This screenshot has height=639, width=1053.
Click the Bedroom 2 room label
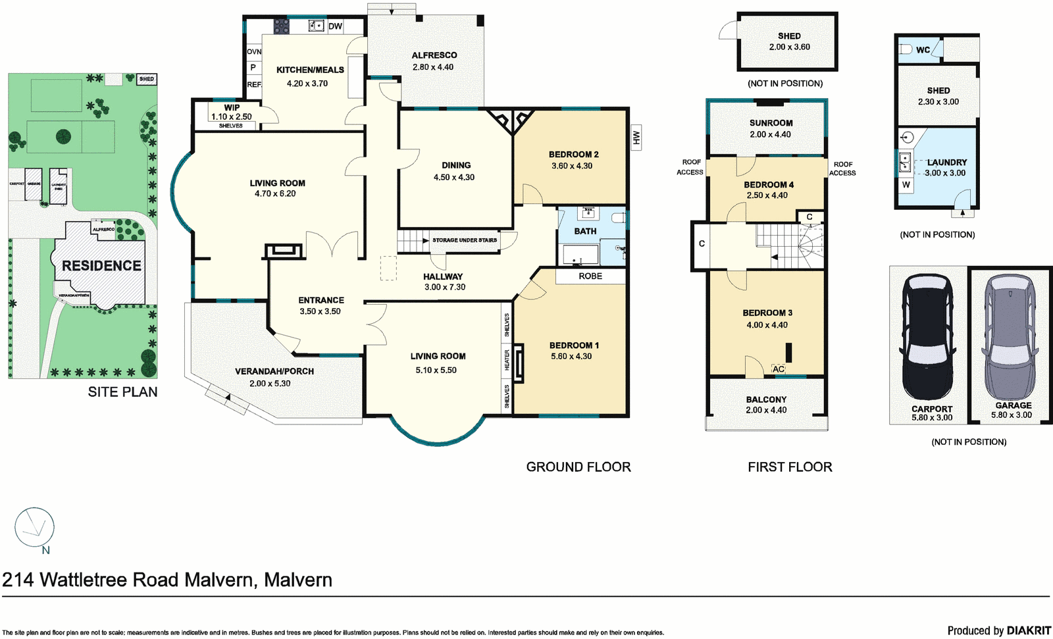573,155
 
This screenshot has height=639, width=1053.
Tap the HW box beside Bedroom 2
636,138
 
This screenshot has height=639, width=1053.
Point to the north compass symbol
34,527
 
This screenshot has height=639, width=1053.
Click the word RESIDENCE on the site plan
101,266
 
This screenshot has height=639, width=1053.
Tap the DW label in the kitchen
335,26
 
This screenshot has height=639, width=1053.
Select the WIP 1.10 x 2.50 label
231,113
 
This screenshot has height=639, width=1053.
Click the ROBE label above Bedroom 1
590,276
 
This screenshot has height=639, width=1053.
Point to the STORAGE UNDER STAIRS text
465,240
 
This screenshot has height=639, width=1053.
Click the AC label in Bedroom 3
779,369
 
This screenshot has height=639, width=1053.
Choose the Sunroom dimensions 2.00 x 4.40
770,134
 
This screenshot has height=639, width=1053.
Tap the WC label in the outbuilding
923,50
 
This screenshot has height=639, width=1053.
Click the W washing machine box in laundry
906,185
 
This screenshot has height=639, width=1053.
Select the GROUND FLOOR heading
578,467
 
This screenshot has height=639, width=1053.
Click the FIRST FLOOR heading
790,467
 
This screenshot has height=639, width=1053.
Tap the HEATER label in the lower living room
507,360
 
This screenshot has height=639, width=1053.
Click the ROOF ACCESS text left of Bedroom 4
690,167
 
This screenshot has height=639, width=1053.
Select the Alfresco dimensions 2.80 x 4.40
432,67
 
